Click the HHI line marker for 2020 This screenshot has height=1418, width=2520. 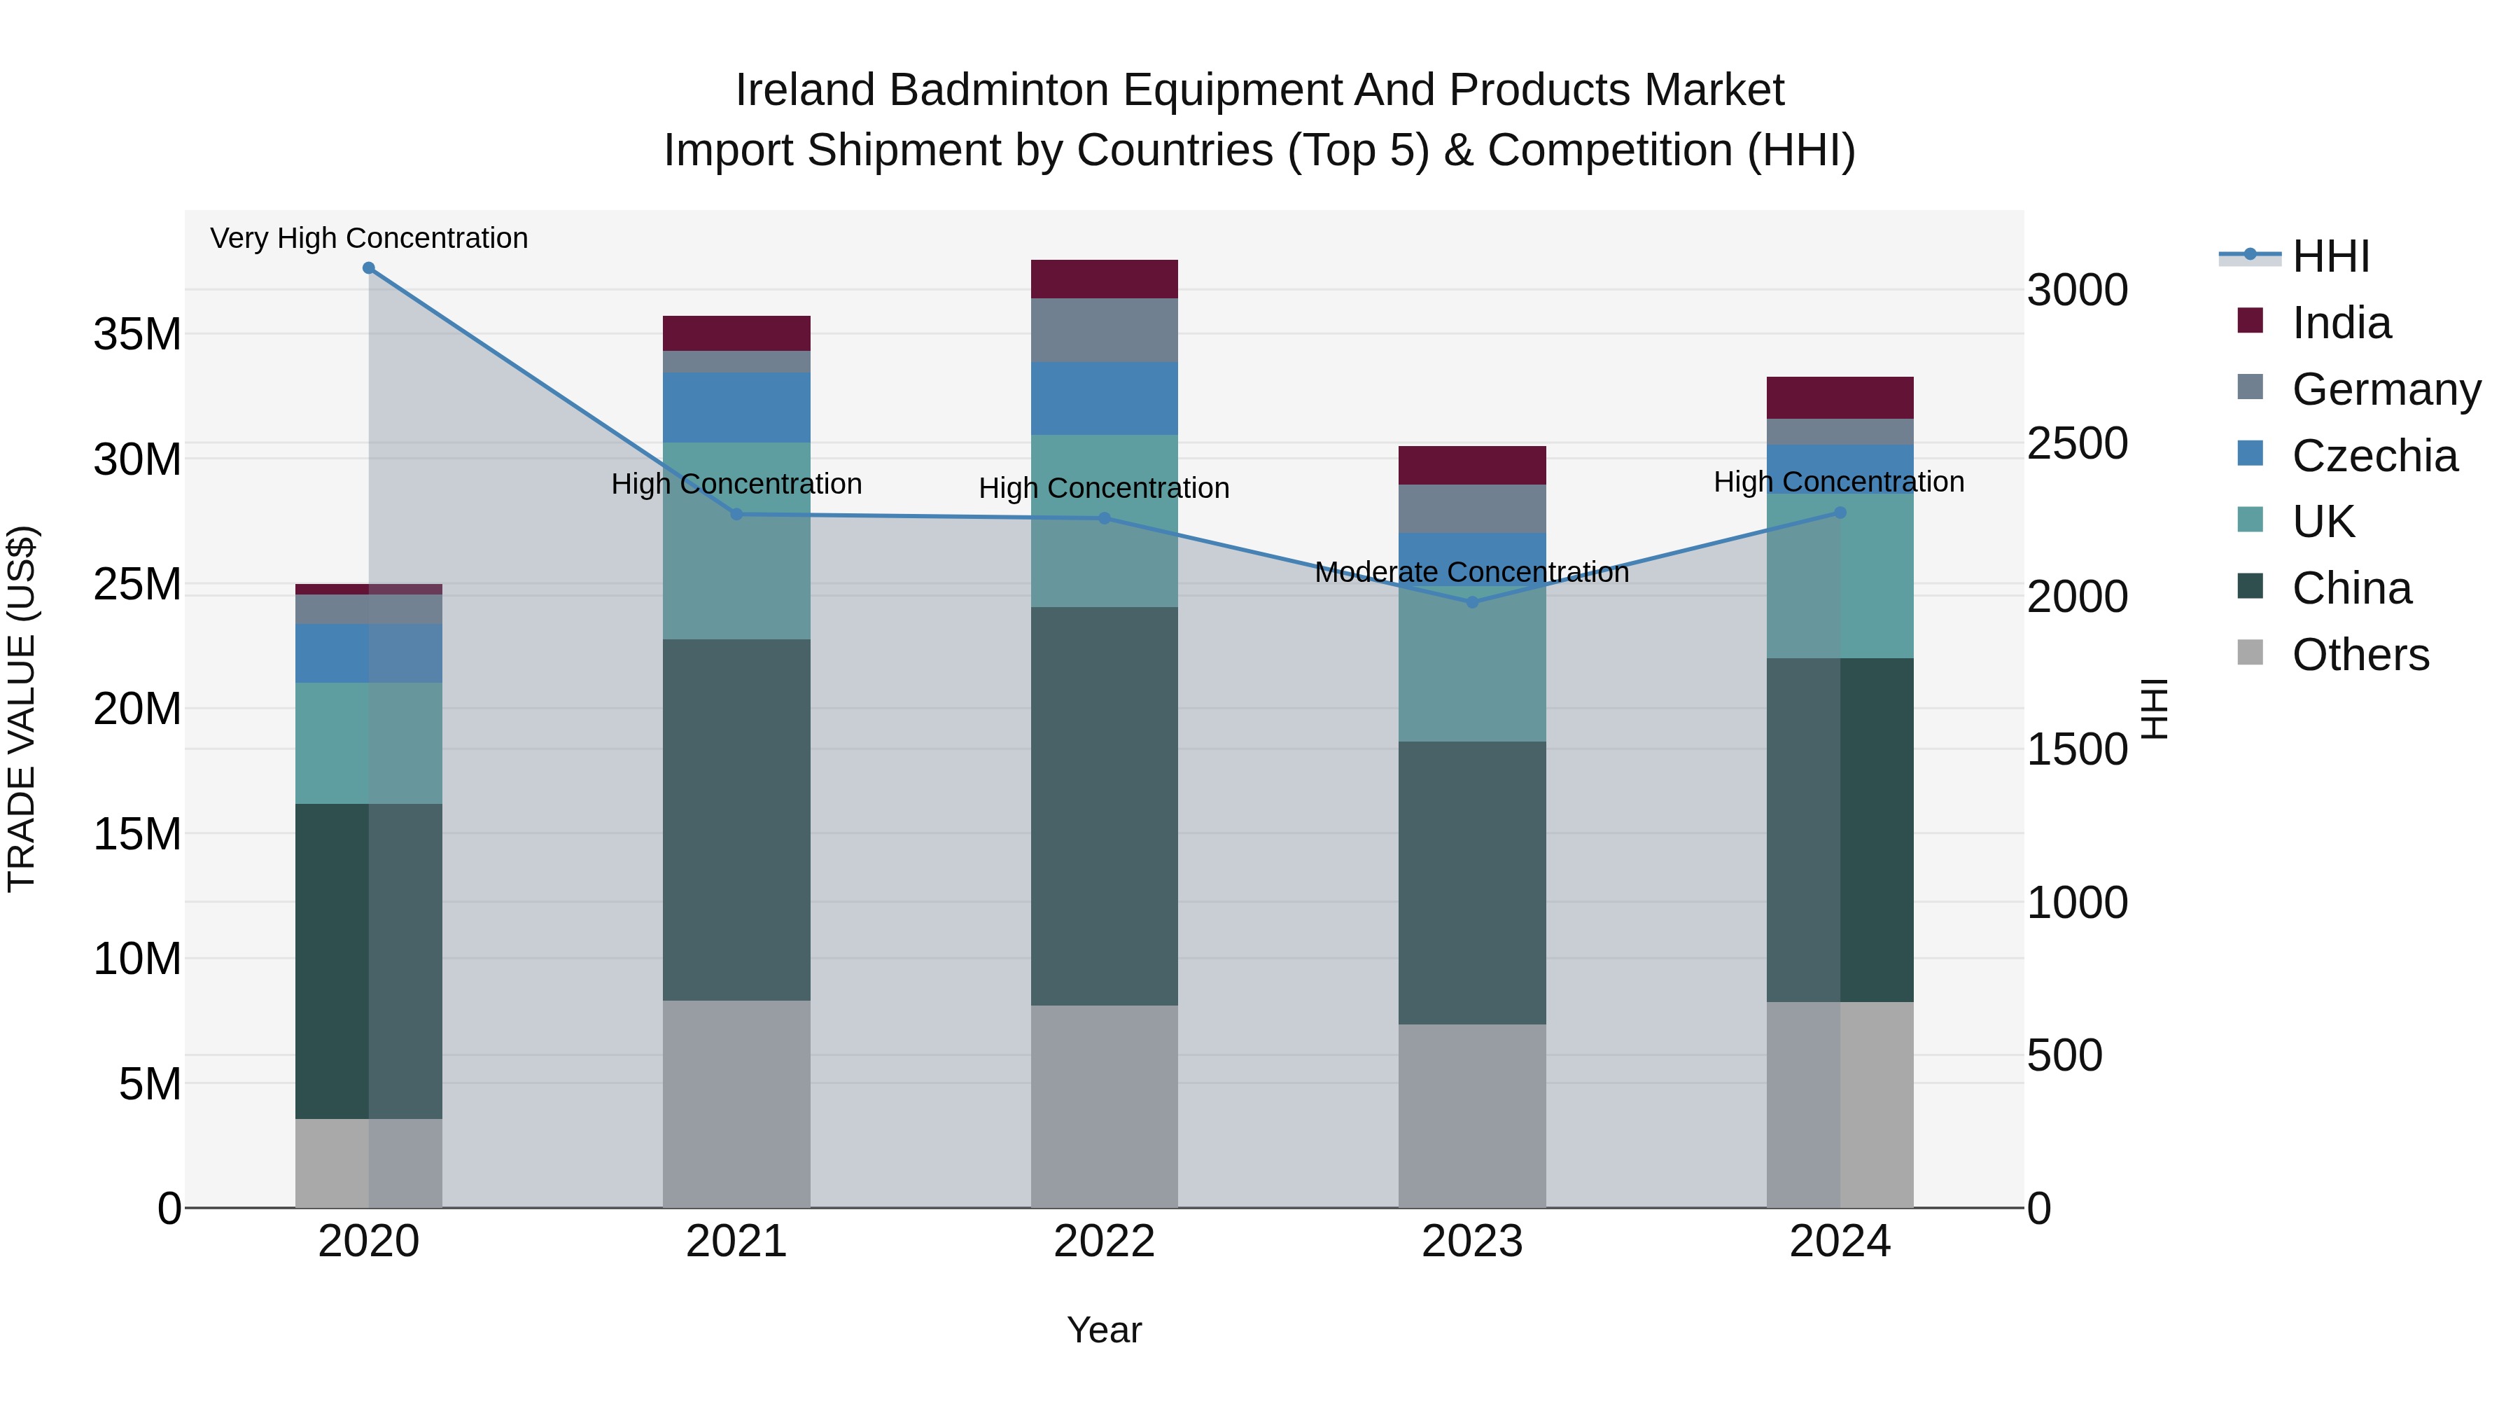[369, 268]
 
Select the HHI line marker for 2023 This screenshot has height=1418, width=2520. [1472, 602]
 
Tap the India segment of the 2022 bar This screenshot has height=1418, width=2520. [1105, 279]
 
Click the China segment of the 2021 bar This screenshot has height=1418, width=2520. [736, 819]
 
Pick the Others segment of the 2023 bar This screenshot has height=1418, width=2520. [1472, 1115]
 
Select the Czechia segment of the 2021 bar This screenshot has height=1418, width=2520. [736, 407]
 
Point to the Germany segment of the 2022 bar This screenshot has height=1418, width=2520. [1105, 330]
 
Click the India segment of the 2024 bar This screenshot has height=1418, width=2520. [1840, 397]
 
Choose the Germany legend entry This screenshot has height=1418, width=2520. [2385, 389]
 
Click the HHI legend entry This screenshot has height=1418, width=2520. [2330, 256]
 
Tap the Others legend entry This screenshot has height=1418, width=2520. [2360, 655]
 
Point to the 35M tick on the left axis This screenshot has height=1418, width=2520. [137, 335]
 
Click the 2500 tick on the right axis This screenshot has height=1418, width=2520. [2077, 443]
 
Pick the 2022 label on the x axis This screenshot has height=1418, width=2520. [1105, 1242]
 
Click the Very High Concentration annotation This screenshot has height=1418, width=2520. [369, 238]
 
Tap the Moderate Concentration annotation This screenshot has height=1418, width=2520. [1471, 573]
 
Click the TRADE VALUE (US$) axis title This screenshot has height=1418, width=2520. [22, 709]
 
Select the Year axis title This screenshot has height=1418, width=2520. [1105, 1330]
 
